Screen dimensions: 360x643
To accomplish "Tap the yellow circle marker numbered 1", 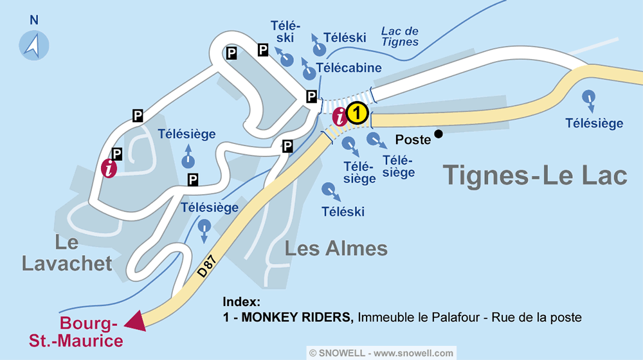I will [x=357, y=114].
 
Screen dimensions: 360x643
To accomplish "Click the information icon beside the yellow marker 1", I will [x=340, y=116].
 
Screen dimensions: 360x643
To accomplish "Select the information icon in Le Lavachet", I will [x=110, y=168].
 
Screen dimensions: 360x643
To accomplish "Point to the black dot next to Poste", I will [x=439, y=134].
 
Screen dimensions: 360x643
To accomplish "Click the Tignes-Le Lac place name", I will [x=535, y=175].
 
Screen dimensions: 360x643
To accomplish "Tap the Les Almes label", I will [x=336, y=248].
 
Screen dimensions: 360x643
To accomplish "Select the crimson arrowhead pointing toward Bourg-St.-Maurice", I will [x=136, y=319].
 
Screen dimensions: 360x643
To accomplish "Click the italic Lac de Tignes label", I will [x=399, y=37].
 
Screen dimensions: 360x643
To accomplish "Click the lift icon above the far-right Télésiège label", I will [x=588, y=98].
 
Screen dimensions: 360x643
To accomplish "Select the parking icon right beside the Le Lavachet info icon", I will [x=116, y=154].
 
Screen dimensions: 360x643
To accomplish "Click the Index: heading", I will [x=241, y=302].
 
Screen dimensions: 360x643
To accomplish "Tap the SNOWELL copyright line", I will [x=381, y=353].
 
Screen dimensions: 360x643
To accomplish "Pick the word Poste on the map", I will [x=412, y=139].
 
